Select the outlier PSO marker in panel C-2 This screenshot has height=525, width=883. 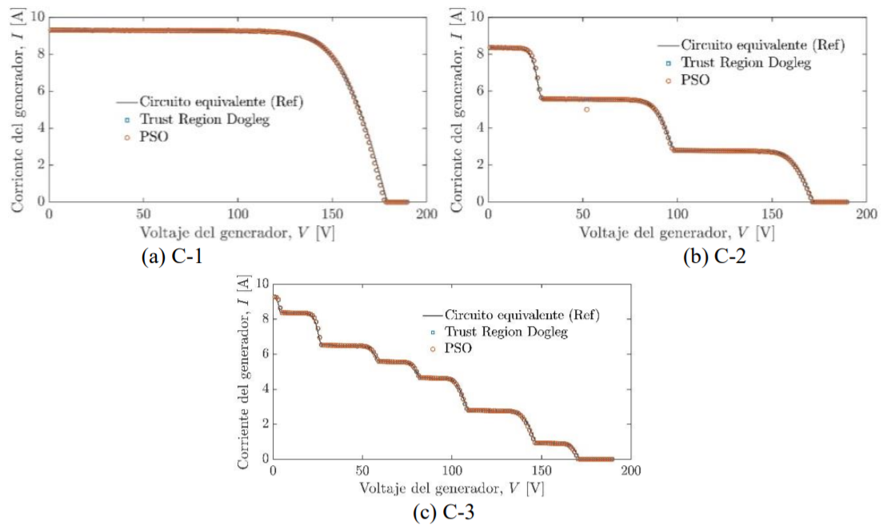pyautogui.click(x=586, y=109)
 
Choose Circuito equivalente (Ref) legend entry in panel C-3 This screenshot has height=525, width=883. pyautogui.click(x=522, y=315)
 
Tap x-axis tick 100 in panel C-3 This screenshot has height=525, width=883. pyautogui.click(x=452, y=472)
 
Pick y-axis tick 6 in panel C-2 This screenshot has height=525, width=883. pyautogui.click(x=478, y=91)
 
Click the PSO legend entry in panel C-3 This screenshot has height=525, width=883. pyautogui.click(x=458, y=348)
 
